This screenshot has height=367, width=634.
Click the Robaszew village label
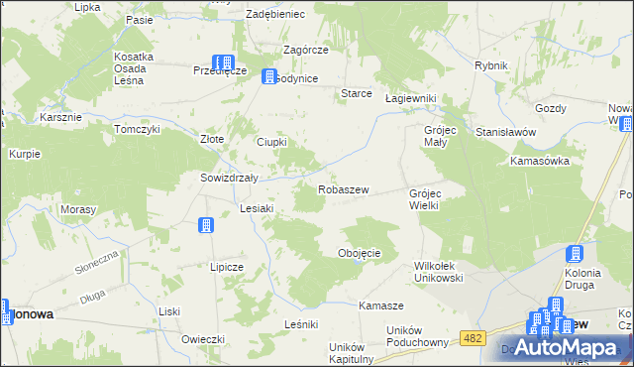coord(344,188)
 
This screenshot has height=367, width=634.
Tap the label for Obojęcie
coord(360,253)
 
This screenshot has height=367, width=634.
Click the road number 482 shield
coord(473,338)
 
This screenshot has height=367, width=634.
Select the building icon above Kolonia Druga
coord(576,254)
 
